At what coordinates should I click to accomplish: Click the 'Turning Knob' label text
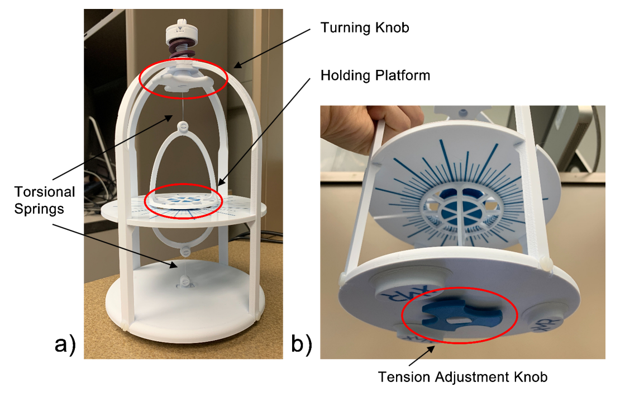click(365, 28)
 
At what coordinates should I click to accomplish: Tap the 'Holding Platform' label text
click(375, 76)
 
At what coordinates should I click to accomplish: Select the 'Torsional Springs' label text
click(44, 200)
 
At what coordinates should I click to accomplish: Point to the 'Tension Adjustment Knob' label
click(462, 377)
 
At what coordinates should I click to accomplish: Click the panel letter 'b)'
click(301, 343)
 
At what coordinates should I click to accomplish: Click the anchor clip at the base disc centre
click(183, 281)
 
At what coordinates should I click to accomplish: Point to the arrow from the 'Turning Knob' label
click(272, 48)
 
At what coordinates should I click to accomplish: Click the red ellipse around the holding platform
click(184, 201)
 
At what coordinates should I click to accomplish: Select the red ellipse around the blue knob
click(460, 315)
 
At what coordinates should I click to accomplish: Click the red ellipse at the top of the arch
click(183, 78)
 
